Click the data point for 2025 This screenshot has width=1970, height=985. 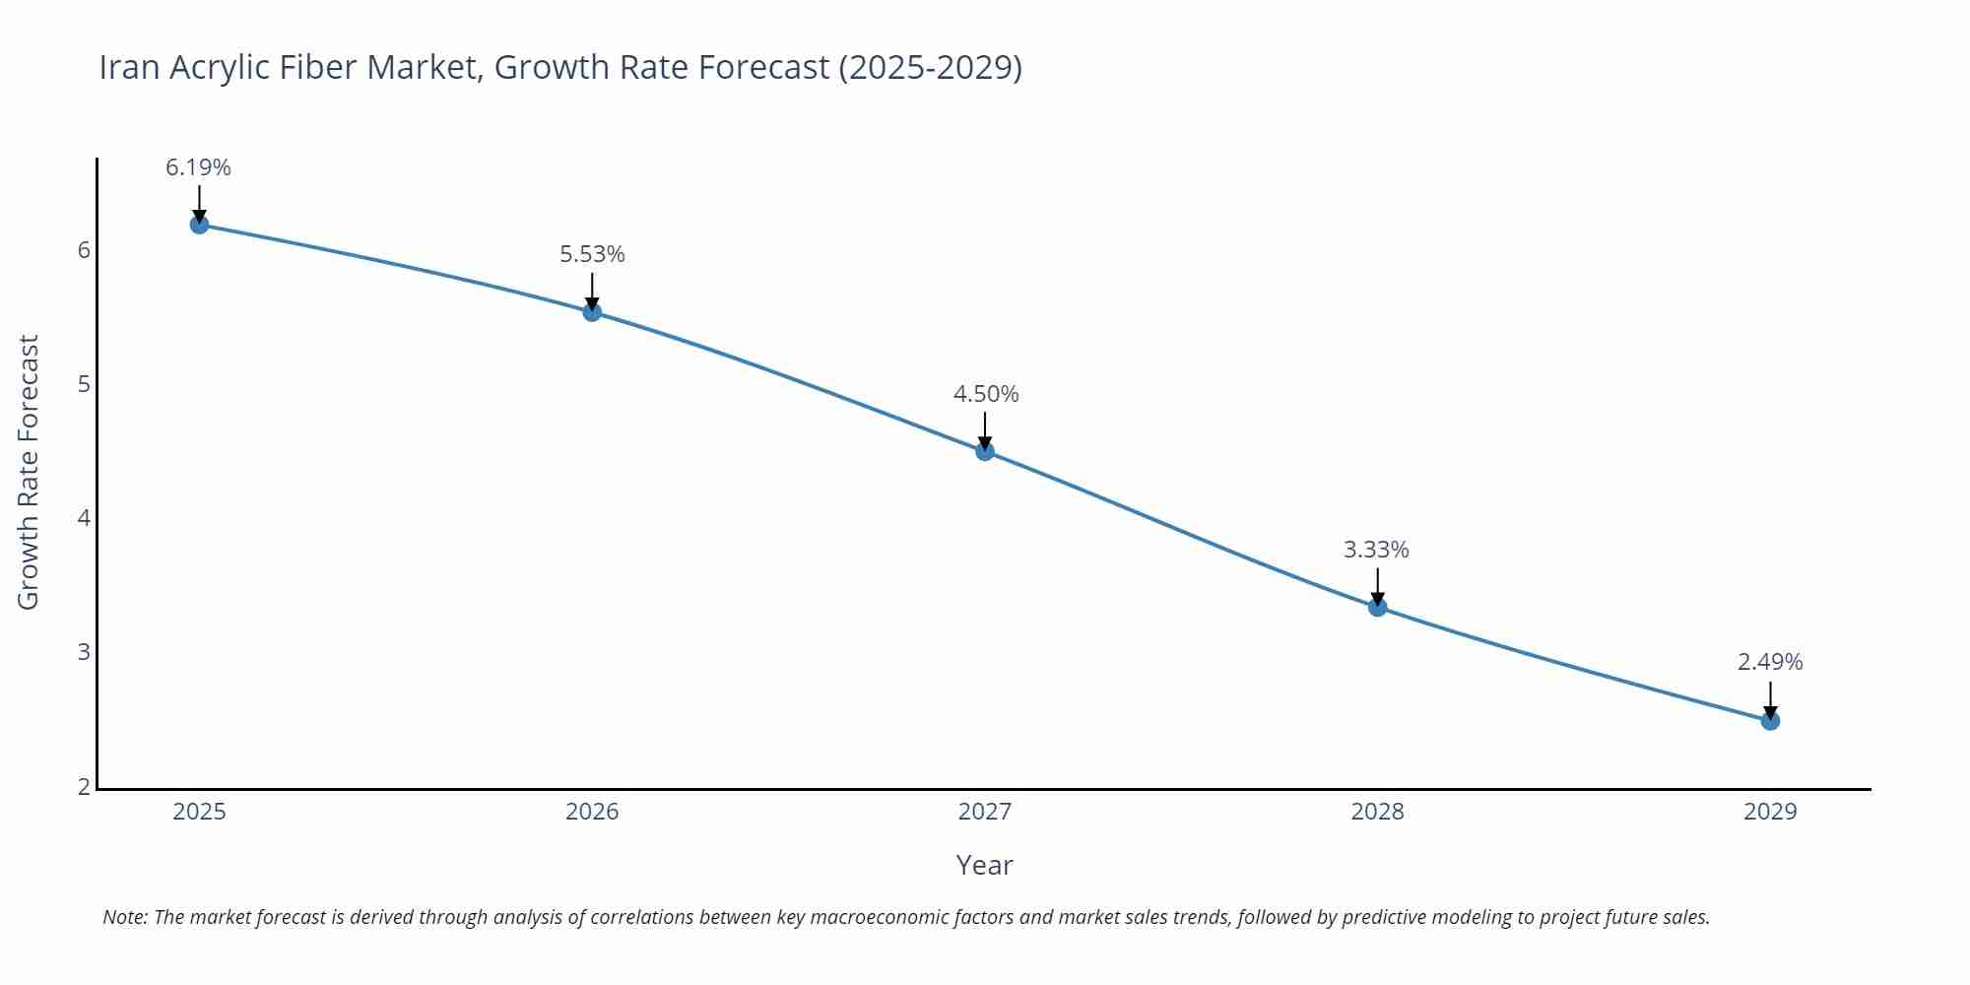(x=199, y=225)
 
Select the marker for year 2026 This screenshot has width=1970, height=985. (x=592, y=312)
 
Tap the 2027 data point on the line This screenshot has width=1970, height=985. (x=985, y=451)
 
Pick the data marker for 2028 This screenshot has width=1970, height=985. (x=1377, y=607)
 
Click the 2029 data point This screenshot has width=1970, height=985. (x=1770, y=720)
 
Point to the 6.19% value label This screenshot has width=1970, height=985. (x=198, y=167)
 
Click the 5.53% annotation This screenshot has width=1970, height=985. (x=592, y=254)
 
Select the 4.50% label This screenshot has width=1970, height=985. (x=986, y=394)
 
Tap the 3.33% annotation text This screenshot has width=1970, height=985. (x=1376, y=550)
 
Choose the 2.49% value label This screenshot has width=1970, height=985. (x=1770, y=662)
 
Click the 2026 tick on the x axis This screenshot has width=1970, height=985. (x=592, y=812)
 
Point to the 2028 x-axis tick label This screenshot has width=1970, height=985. (x=1377, y=812)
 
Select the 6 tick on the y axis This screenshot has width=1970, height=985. (x=84, y=250)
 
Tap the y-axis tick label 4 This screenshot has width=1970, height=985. (x=84, y=518)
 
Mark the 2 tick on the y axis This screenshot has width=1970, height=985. (x=84, y=786)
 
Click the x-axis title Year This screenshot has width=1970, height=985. (x=984, y=865)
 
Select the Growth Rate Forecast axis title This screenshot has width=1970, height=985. (x=29, y=472)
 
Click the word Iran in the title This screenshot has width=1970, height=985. (x=130, y=67)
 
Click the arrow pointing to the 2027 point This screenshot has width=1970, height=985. (x=985, y=430)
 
